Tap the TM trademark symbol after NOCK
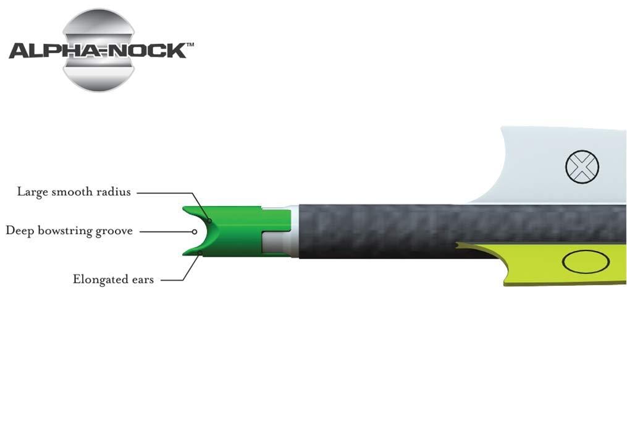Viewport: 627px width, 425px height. click(x=190, y=45)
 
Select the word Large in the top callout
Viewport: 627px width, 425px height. click(x=32, y=192)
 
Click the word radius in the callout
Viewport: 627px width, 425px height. click(x=114, y=192)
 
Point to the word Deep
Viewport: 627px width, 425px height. click(x=20, y=231)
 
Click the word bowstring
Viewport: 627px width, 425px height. click(x=64, y=231)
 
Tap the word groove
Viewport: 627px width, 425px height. click(x=114, y=231)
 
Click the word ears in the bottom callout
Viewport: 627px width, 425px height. click(x=143, y=280)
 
